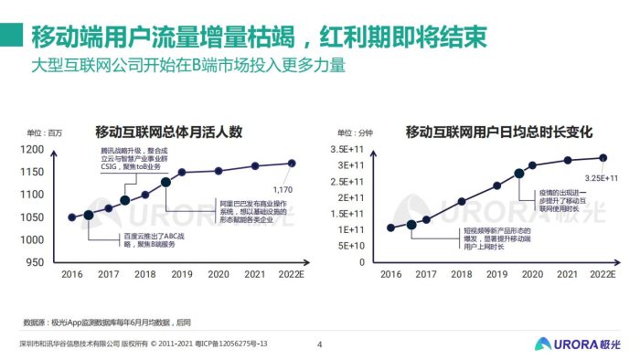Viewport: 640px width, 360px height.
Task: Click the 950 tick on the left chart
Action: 35,262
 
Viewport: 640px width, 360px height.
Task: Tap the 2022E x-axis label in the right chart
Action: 600,274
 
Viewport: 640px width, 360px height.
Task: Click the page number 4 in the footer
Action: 319,344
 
